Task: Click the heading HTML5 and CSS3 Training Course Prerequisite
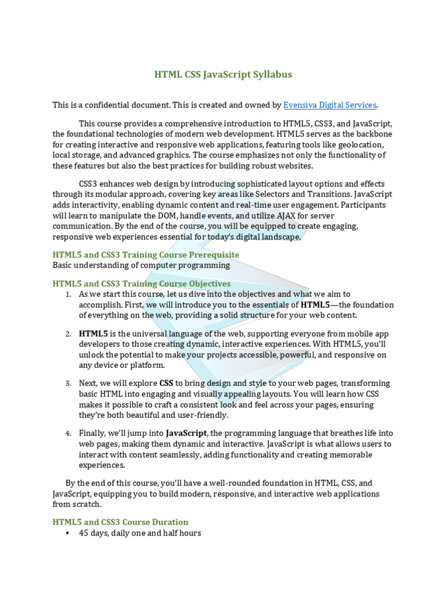point(146,255)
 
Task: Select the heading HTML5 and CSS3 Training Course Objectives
point(141,283)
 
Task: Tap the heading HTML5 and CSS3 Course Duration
point(120,522)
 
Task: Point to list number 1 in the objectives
point(68,295)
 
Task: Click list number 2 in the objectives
point(68,334)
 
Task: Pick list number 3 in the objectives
point(68,384)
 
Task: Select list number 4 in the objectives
point(68,434)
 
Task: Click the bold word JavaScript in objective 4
point(186,433)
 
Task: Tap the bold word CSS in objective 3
point(166,384)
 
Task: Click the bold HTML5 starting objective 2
point(93,334)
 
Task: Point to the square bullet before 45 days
point(68,533)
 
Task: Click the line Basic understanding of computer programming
point(141,265)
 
